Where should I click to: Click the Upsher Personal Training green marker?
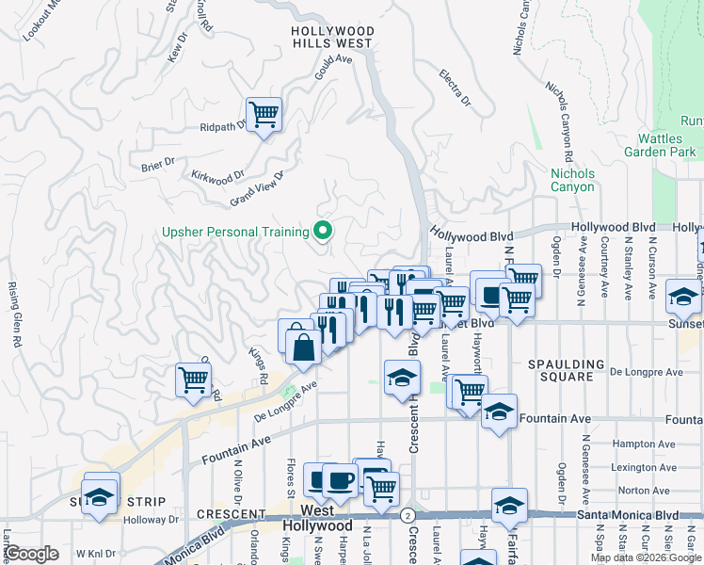pos(324,231)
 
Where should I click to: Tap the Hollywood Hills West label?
pos(332,37)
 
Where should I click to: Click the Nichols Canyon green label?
pos(572,180)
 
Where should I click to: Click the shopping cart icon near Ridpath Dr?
pos(264,115)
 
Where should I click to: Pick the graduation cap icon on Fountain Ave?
pos(499,412)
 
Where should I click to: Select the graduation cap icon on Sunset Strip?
pos(98,494)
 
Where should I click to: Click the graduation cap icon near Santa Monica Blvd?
pos(509,507)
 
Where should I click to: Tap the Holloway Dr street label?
pos(151,519)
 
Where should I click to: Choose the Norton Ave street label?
pos(619,491)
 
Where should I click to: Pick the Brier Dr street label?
pos(158,162)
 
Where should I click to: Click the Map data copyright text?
pos(646,557)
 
